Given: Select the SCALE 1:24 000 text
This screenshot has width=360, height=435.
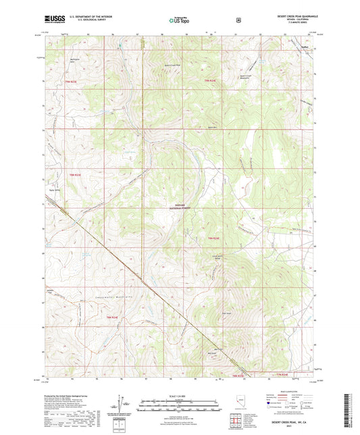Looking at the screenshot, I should [x=179, y=395].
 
